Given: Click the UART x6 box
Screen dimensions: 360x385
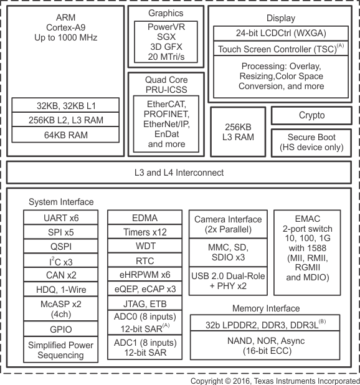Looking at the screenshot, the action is click(61, 217).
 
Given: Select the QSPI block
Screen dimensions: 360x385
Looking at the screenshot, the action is click(61, 246).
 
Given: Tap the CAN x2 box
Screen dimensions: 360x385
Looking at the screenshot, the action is click(61, 275).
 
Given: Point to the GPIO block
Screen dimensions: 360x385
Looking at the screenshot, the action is click(61, 329).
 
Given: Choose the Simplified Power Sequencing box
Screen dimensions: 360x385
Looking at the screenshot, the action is click(61, 349).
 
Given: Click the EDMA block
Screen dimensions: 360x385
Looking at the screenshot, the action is click(144, 217).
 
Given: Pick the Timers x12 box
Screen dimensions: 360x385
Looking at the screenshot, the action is click(144, 232).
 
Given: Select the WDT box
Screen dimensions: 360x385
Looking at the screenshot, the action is click(144, 246).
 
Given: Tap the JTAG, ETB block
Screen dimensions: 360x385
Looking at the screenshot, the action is click(144, 303).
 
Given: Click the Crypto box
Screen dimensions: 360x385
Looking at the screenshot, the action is click(311, 115).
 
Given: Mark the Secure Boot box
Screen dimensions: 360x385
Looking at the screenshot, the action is click(311, 143).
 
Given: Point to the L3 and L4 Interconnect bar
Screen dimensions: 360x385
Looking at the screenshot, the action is click(179, 173).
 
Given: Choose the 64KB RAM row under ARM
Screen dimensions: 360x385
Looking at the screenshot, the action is click(65, 135).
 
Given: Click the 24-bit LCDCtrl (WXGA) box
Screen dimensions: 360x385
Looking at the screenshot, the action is click(281, 33).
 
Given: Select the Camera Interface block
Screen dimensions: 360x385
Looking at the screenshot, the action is click(228, 224).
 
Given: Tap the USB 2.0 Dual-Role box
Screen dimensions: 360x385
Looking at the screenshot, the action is click(228, 281).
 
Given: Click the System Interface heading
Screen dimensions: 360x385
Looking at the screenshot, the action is click(61, 202).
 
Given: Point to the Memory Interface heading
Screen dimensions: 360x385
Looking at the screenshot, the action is click(266, 308).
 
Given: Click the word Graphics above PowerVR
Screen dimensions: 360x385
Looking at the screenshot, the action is click(166, 13).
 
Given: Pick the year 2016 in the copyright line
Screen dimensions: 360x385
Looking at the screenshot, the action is click(242, 381).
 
